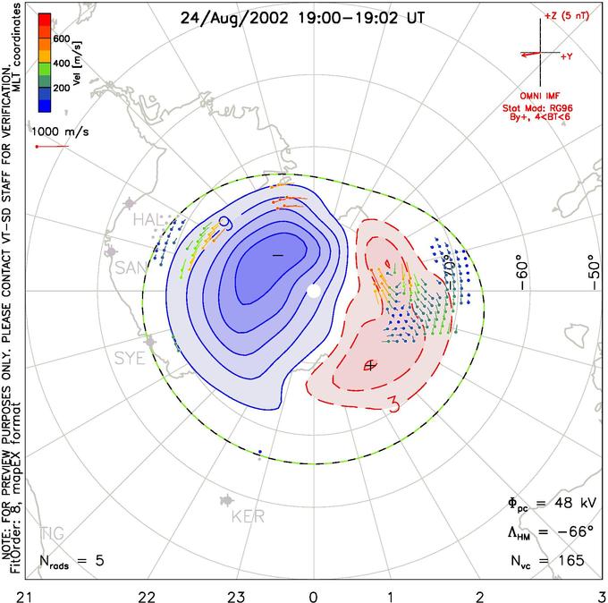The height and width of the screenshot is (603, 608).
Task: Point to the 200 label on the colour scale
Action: point(62,89)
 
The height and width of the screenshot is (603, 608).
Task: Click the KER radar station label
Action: point(248,517)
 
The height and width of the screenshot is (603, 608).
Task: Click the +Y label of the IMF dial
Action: point(566,55)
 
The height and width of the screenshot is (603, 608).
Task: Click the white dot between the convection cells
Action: point(313,291)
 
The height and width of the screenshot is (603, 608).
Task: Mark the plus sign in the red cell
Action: point(371,364)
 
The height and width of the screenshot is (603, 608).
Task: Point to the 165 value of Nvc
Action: point(569,560)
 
